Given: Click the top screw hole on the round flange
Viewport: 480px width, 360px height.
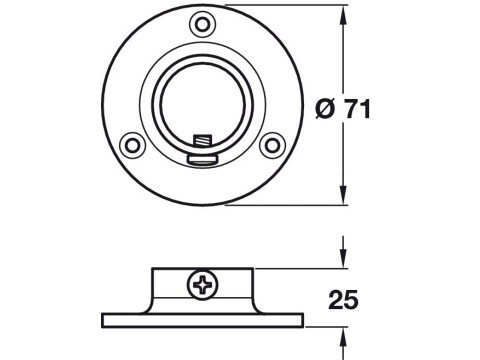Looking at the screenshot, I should click(x=203, y=23).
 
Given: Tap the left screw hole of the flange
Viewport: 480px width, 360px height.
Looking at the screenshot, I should click(x=128, y=145).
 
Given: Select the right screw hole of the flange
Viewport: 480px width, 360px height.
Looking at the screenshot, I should click(x=270, y=145).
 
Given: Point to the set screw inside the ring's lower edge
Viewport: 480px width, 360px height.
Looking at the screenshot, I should click(x=205, y=145).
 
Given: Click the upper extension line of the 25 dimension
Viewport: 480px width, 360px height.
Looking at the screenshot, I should click(x=300, y=267).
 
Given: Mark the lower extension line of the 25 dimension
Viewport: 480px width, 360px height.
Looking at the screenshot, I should click(x=325, y=327).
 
